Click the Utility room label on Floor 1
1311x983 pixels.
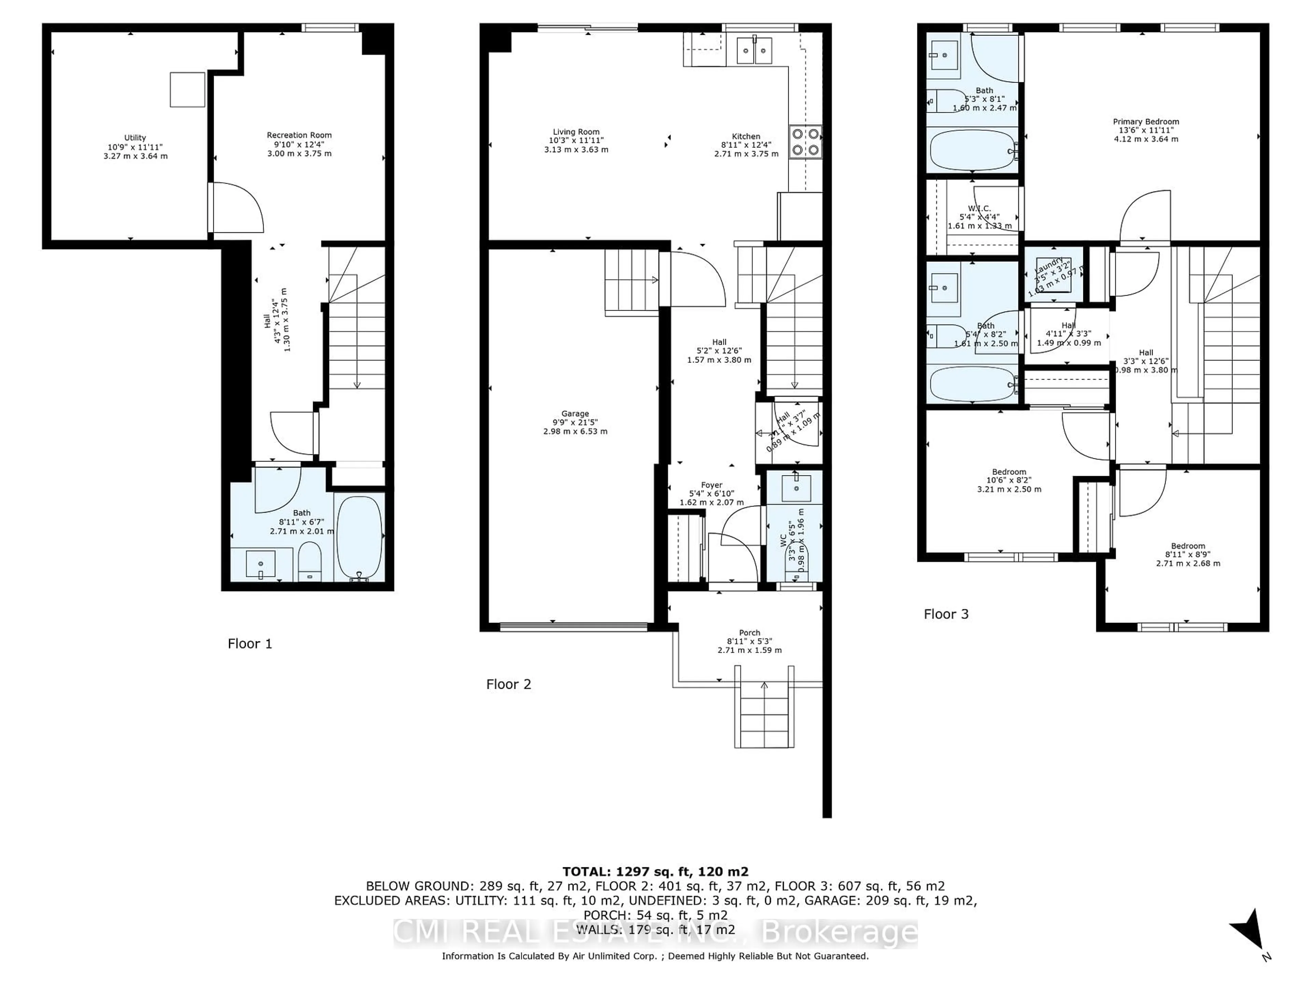point(135,146)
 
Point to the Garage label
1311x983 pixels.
point(575,423)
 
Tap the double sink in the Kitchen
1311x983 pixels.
point(755,50)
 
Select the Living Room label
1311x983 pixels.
point(576,140)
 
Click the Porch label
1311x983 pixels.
point(749,641)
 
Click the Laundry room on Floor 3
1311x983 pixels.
point(1053,275)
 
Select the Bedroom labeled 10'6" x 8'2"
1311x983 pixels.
point(1009,481)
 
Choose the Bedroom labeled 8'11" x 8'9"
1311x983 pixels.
point(1188,555)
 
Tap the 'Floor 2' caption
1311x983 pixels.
point(508,684)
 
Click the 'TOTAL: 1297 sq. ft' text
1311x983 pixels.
point(655,872)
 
